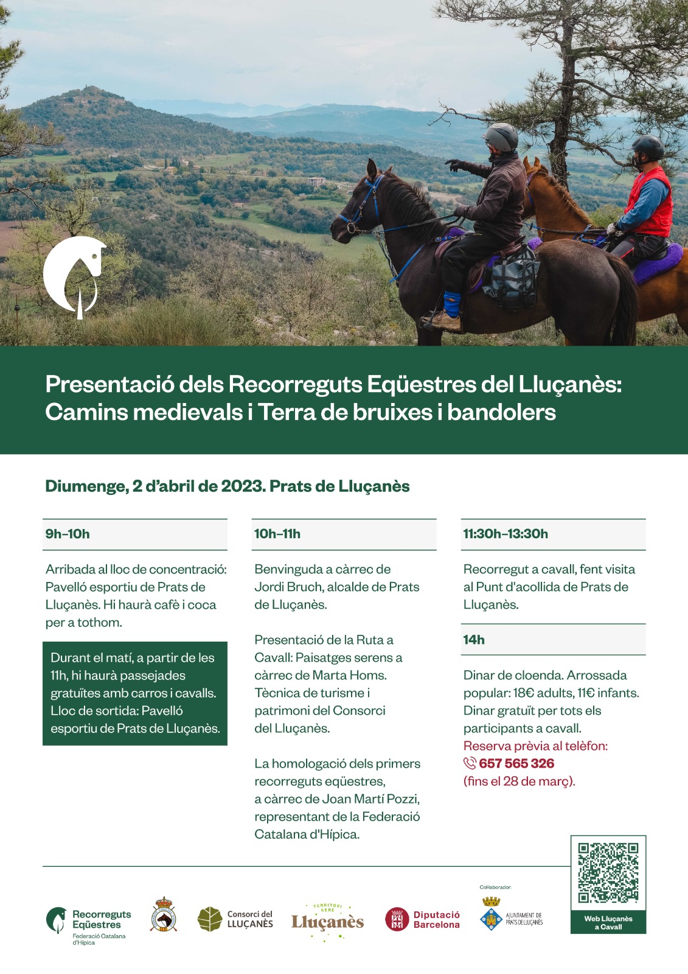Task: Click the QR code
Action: [608, 872]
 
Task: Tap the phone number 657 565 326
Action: [516, 763]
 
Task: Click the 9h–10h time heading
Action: [68, 534]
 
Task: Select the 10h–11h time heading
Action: [277, 534]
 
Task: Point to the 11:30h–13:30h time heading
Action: [506, 534]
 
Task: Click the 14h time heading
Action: [474, 640]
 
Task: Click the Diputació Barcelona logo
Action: [423, 919]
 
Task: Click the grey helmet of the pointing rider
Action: [502, 136]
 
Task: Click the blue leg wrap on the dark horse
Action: [452, 301]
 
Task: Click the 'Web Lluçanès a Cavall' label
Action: [608, 923]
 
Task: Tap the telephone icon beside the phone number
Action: [470, 763]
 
